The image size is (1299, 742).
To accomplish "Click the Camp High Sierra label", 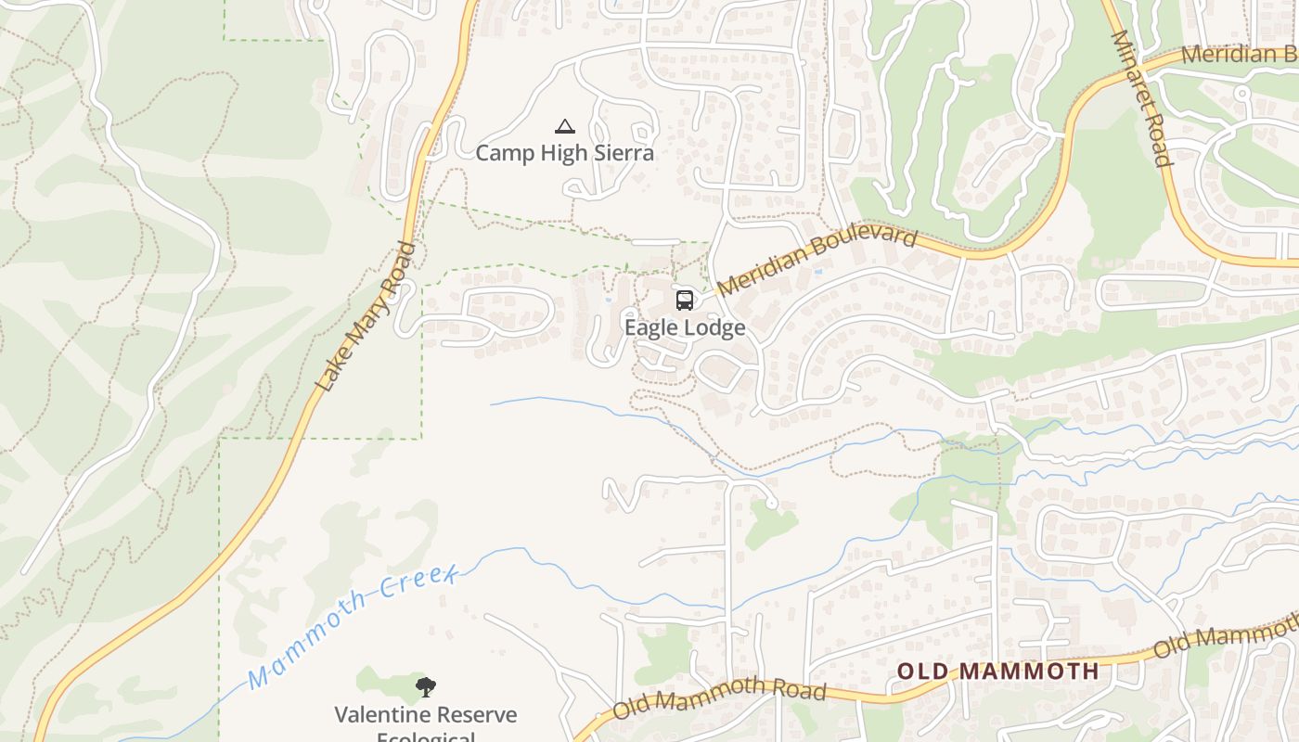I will [x=564, y=153].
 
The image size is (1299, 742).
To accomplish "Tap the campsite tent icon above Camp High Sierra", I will [x=564, y=126].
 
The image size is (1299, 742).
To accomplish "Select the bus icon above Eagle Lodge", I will [x=685, y=301].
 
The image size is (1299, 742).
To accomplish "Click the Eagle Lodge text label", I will [x=685, y=327].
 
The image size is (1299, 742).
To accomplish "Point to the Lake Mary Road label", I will [x=365, y=317].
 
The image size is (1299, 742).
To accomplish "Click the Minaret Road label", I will [x=1141, y=98].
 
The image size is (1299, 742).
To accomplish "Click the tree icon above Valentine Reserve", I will [x=426, y=687].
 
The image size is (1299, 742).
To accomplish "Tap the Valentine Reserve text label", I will [x=426, y=715].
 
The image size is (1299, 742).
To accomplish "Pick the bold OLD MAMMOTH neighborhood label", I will [x=997, y=671].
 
